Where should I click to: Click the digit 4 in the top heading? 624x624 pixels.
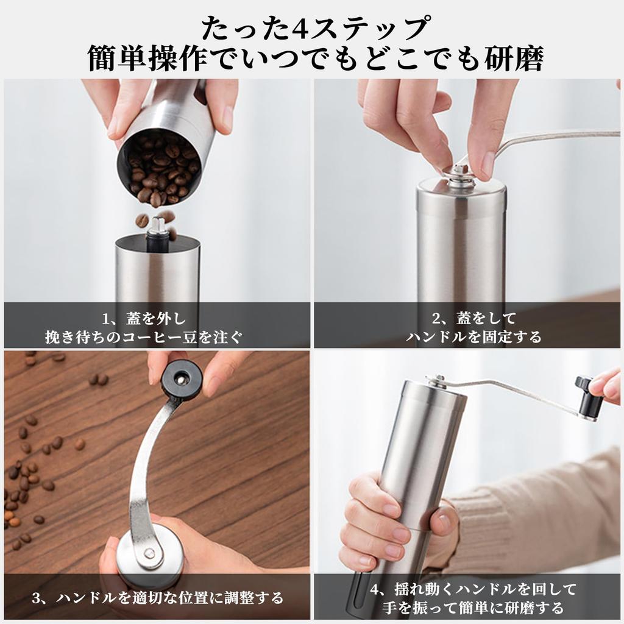(x=299, y=27)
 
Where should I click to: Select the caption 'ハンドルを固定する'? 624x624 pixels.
(x=473, y=336)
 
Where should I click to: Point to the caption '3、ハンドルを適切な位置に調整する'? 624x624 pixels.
(x=157, y=597)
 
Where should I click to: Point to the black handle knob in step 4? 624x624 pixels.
(x=589, y=396)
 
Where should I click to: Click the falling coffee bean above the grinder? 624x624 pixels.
(x=142, y=220)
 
